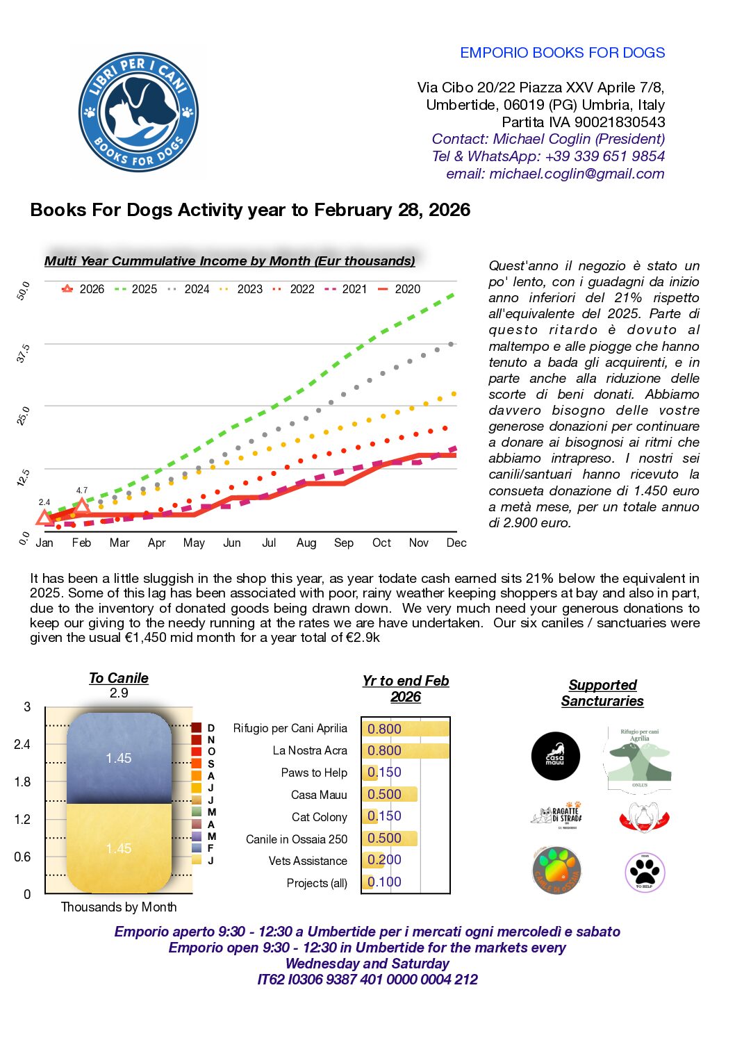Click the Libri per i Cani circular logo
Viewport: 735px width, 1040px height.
coord(138,112)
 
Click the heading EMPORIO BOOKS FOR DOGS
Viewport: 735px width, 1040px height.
coord(562,53)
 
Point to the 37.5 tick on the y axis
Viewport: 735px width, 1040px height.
coord(23,353)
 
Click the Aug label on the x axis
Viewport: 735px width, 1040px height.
coord(306,543)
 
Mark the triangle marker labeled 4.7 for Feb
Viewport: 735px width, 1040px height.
coord(82,506)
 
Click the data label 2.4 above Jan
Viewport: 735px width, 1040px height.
coord(44,502)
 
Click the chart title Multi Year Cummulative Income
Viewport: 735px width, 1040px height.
coord(229,261)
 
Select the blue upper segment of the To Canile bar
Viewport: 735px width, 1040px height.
coord(119,758)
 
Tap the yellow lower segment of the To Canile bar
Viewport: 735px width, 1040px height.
coord(119,848)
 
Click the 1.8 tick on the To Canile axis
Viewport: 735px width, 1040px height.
coord(22,782)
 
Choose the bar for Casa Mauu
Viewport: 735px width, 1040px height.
coord(390,794)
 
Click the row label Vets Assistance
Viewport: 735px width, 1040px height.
coord(308,861)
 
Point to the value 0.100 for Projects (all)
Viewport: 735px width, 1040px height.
coord(384,882)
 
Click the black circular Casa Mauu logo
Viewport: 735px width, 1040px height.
coord(555,756)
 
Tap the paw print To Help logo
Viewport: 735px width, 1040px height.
coord(645,872)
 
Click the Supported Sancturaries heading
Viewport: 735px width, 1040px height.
coord(602,693)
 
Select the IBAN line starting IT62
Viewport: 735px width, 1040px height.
coord(367,980)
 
